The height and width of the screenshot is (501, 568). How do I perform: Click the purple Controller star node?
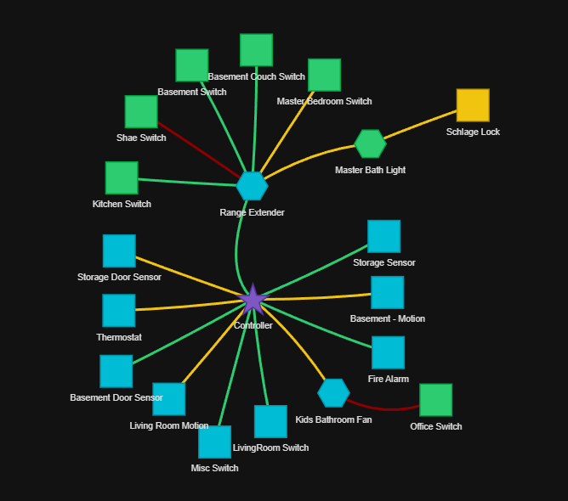pos(253,300)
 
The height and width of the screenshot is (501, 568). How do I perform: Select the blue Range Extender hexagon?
pos(252,186)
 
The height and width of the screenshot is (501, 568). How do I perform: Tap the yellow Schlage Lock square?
pos(473,105)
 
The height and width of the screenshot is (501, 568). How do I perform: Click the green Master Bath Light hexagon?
pos(370,144)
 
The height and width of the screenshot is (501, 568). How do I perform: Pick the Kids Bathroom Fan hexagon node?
pos(333,392)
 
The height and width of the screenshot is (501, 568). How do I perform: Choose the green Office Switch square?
pos(435,400)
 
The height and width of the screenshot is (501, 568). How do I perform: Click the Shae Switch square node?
pos(141,112)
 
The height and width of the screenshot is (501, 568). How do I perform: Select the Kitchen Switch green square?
pos(122,178)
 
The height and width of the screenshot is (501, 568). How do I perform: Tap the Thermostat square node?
pos(119,311)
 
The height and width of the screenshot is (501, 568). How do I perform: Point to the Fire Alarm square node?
pos(388,352)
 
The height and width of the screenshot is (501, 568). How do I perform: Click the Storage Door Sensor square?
pos(119,251)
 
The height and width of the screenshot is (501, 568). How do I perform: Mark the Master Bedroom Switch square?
pos(324,75)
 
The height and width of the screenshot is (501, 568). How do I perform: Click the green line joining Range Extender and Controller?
pos(237,246)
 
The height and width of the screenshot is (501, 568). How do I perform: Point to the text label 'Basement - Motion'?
pos(388,318)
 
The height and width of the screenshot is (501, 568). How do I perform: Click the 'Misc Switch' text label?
pos(214,468)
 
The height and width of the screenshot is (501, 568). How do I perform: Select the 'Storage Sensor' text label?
pos(384,262)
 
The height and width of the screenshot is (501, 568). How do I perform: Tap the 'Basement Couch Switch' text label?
pos(256,76)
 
